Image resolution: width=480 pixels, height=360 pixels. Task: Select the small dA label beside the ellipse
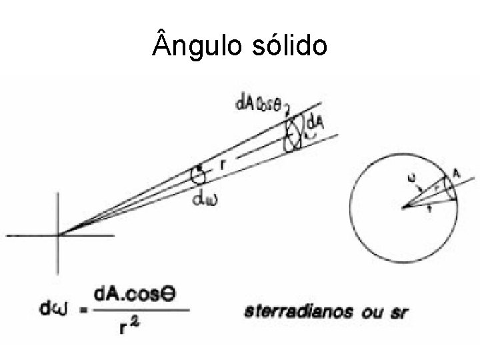[315, 124]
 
